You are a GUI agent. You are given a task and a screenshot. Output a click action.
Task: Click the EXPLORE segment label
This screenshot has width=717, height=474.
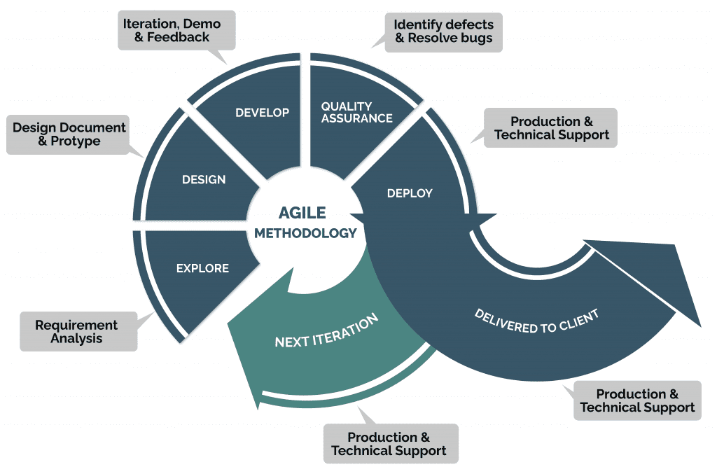(x=202, y=268)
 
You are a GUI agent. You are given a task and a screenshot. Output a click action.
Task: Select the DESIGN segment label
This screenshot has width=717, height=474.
(x=204, y=179)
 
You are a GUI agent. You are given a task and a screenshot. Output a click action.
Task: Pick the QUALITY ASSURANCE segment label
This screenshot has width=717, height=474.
(x=356, y=112)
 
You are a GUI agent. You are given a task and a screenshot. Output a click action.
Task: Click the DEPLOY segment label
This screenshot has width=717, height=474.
(x=410, y=193)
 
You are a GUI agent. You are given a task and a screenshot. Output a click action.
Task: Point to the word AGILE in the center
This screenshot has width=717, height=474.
(x=302, y=213)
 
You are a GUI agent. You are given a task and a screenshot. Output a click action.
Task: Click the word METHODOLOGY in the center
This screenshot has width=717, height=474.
(x=305, y=233)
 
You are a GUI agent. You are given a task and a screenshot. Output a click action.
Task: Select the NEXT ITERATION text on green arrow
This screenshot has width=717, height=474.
(x=326, y=331)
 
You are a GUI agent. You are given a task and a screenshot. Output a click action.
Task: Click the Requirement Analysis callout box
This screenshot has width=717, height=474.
(x=77, y=332)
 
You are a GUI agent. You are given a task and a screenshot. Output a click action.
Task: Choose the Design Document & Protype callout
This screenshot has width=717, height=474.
(x=68, y=134)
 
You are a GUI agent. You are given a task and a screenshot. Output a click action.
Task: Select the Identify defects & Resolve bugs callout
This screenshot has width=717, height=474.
(x=444, y=31)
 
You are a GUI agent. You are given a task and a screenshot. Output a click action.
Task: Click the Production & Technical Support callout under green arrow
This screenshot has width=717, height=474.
(x=389, y=443)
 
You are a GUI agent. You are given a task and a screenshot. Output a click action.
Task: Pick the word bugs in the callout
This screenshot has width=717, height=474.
(x=476, y=38)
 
